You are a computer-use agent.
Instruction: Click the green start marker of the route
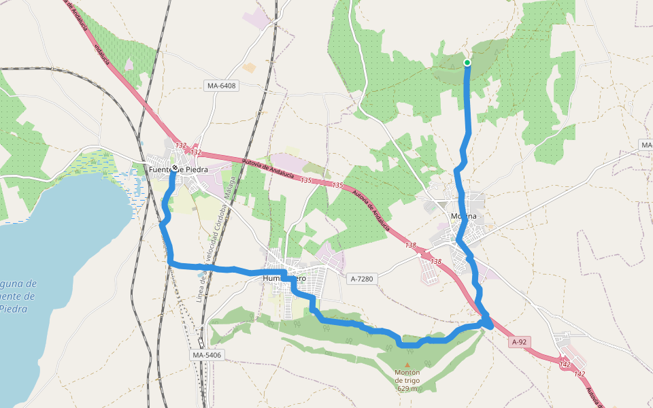click(467, 63)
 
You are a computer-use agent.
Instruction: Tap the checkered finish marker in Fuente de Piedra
click(175, 167)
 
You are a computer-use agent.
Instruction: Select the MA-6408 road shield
click(221, 86)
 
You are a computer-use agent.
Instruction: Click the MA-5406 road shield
click(208, 355)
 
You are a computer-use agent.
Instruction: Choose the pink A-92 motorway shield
click(520, 342)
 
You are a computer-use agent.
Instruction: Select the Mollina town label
click(465, 217)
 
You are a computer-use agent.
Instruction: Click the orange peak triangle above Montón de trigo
click(407, 364)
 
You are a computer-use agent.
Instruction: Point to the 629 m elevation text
click(407, 389)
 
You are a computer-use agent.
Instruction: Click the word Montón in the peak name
click(407, 373)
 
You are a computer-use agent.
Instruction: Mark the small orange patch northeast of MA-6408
click(249, 68)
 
